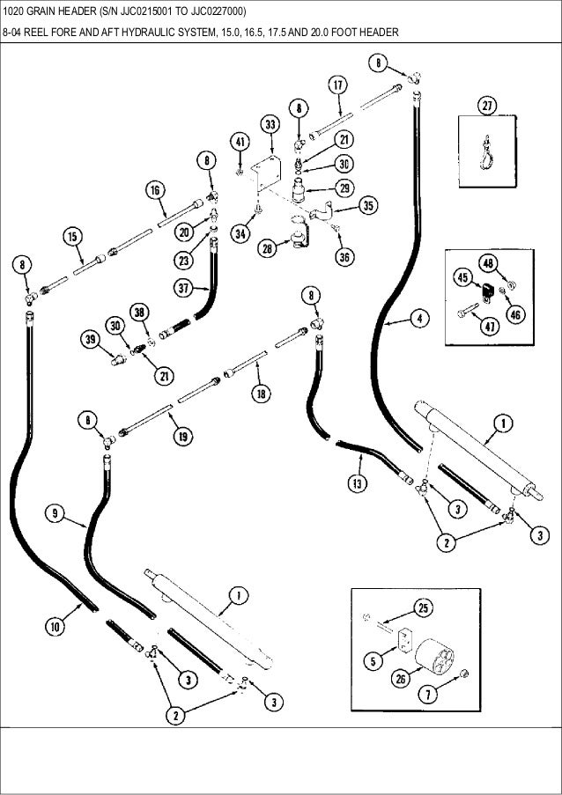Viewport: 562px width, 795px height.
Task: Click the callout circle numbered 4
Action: (423, 319)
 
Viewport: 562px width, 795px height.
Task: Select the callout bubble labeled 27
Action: (486, 106)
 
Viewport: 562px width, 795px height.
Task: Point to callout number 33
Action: (268, 123)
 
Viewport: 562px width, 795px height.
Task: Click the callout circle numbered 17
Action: (337, 85)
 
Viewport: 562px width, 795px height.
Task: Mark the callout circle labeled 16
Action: (154, 189)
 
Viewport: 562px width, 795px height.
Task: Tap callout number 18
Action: (262, 394)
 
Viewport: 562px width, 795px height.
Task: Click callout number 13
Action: (356, 483)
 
